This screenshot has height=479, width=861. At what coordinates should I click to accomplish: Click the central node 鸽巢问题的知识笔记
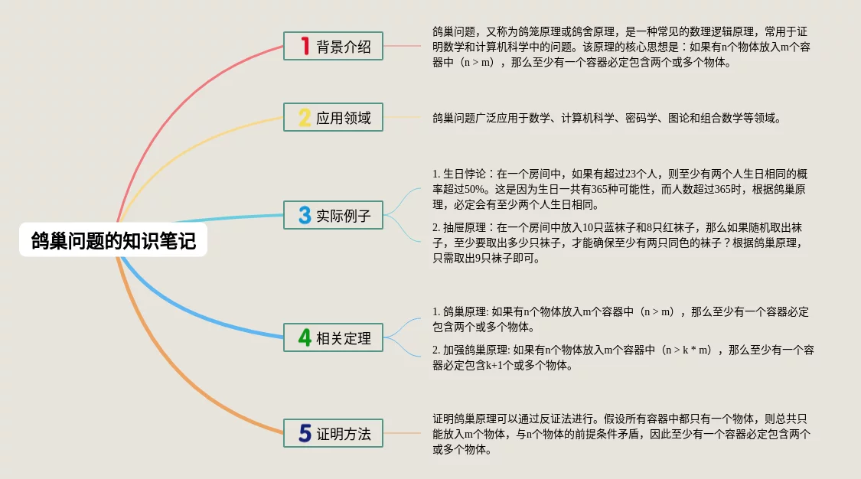(113, 239)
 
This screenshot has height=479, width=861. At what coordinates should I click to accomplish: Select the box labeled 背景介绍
(334, 46)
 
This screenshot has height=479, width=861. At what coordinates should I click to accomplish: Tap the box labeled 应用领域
(334, 117)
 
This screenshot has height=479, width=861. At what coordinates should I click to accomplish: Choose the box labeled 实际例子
(334, 214)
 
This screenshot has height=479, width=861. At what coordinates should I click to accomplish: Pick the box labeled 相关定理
(334, 337)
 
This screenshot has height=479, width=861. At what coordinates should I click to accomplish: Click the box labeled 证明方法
(334, 433)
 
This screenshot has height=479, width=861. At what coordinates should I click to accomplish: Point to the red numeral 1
(305, 46)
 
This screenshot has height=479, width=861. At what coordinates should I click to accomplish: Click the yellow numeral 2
(305, 117)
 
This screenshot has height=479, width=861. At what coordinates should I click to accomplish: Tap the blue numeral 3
(305, 215)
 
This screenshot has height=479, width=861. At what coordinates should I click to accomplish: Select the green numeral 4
(305, 337)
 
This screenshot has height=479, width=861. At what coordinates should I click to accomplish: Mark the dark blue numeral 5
(305, 433)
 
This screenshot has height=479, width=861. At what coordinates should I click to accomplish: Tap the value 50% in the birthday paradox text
(475, 189)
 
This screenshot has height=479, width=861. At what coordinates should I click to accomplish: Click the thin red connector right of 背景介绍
(403, 46)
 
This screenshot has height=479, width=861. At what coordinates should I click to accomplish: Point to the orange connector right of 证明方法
(403, 433)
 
